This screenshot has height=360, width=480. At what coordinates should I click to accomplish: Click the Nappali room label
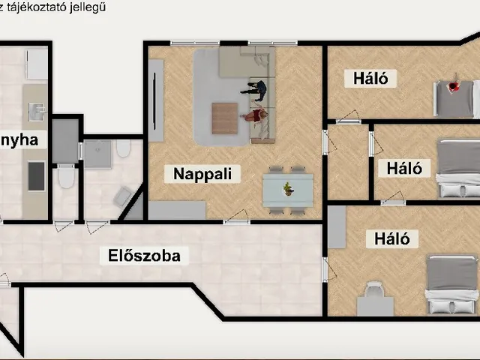click(208, 174)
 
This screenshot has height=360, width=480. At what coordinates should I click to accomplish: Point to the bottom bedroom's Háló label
click(387, 239)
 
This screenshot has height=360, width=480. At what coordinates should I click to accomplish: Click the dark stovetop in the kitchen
click(35, 176)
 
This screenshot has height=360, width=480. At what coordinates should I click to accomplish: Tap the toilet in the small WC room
click(65, 178)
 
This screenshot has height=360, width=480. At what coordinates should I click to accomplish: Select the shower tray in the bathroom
click(97, 154)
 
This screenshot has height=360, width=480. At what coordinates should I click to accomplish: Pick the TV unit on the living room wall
click(155, 100)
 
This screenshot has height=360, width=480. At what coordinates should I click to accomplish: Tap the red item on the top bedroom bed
click(453, 87)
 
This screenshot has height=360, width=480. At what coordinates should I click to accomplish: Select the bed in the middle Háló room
click(457, 168)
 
